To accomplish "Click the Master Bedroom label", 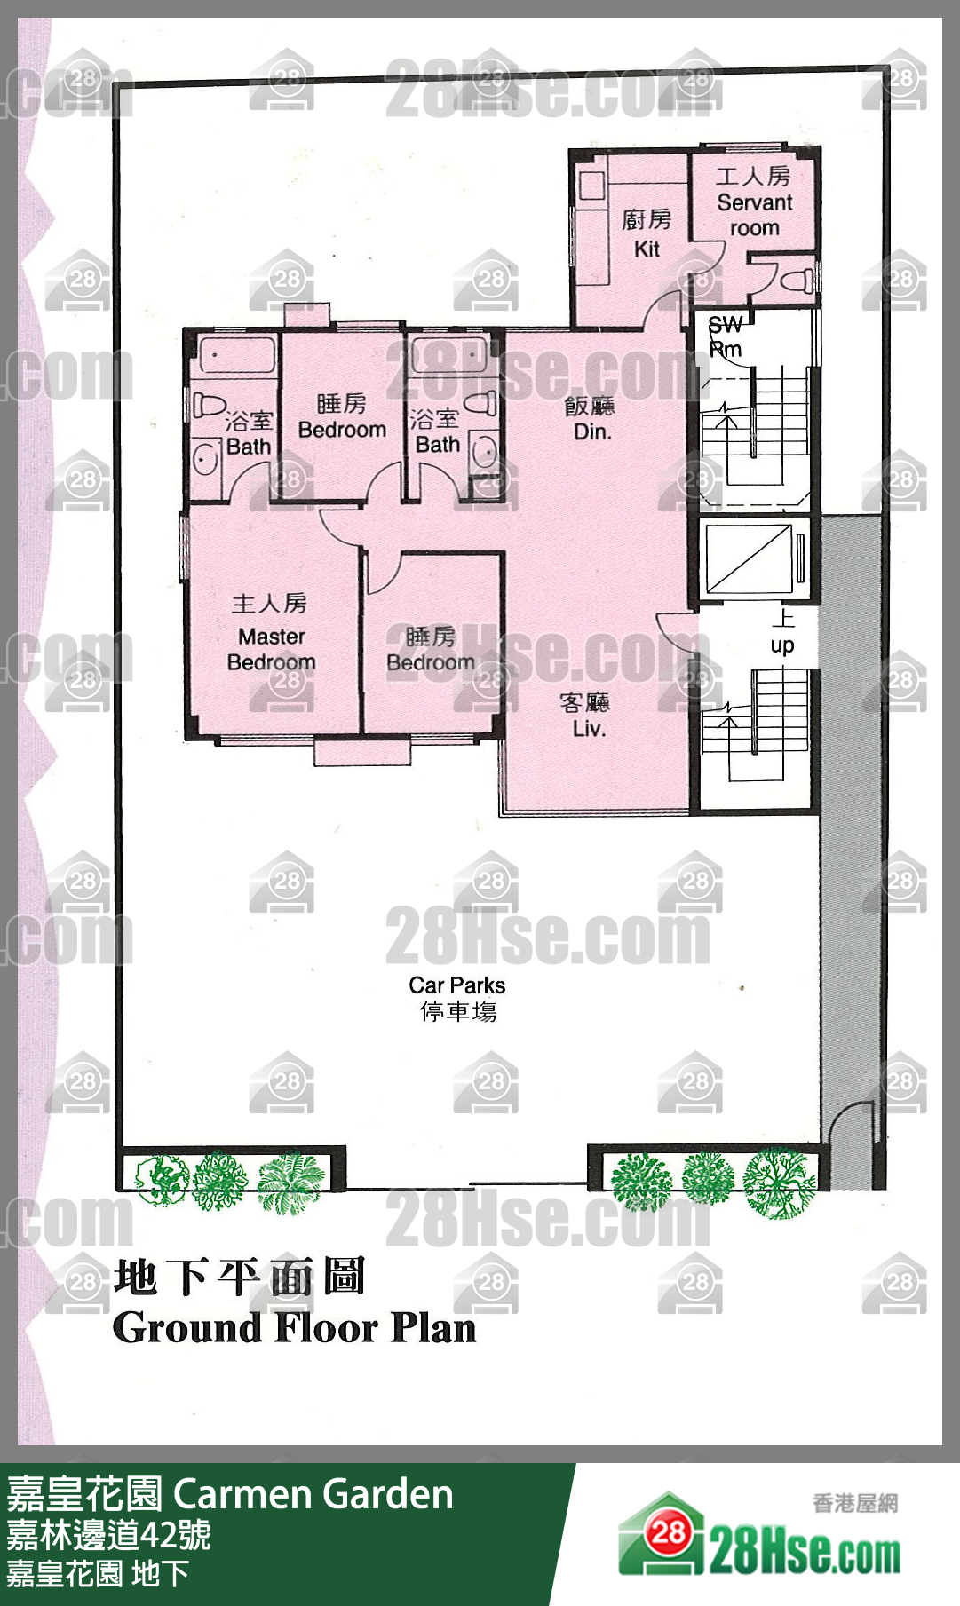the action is [271, 649].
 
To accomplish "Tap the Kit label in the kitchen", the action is [647, 249].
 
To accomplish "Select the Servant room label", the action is [755, 215].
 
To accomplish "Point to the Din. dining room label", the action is [592, 431].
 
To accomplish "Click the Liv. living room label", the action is [589, 729].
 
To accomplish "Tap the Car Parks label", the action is [456, 985].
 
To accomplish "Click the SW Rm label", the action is [725, 337].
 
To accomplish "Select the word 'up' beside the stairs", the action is [782, 645].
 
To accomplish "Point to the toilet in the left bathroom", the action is [210, 406].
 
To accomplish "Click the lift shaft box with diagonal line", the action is [749, 558].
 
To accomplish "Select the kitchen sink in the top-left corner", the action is [591, 186].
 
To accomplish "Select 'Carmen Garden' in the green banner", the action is [313, 1494].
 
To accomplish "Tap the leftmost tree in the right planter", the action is [641, 1181].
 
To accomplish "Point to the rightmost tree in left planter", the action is [291, 1183].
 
